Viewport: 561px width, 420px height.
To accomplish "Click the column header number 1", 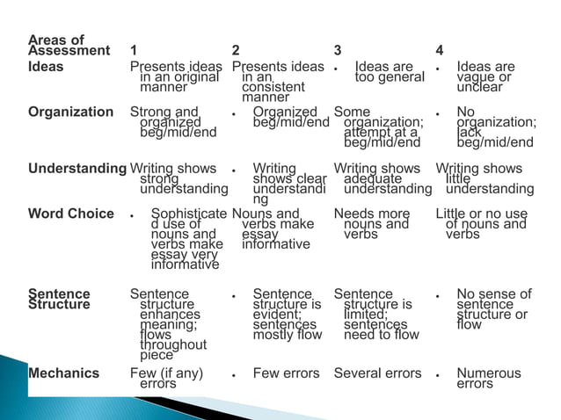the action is coord(134,51).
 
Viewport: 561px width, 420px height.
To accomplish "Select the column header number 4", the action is coord(440,51).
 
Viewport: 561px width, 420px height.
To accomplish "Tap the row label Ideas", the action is coord(46,67).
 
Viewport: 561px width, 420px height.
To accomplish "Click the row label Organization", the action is coord(70,112).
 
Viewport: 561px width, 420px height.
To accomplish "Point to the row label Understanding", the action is coord(77,169).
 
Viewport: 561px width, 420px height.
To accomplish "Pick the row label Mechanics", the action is coord(63,373).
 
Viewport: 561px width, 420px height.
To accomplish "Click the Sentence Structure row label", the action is coord(59,300).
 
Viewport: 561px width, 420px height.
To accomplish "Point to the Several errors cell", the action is coord(377,373).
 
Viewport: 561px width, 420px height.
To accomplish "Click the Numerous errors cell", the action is coord(488,379).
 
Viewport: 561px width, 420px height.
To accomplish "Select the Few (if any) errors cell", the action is coord(166,379).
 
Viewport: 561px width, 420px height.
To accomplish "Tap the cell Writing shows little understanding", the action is coord(484,178).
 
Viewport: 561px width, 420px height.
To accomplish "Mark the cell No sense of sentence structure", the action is coord(492,309).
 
